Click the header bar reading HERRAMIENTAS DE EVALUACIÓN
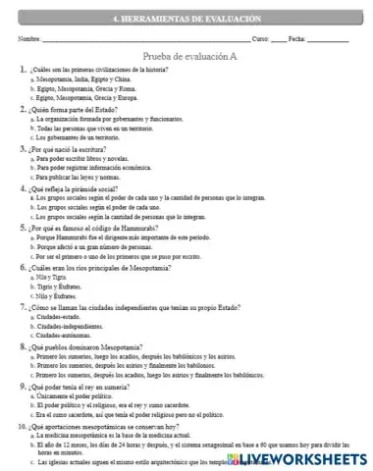click(x=186, y=19)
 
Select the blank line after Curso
click(x=279, y=39)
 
